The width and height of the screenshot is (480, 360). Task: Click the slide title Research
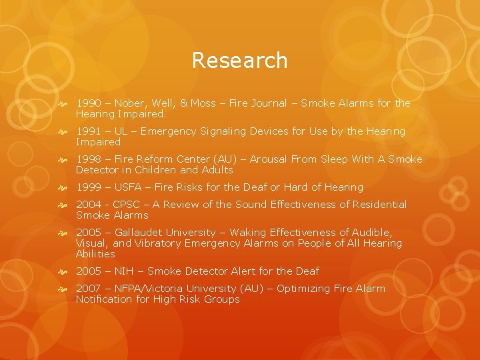click(239, 60)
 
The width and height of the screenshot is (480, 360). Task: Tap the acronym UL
click(121, 131)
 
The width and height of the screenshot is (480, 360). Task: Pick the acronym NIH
click(124, 271)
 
